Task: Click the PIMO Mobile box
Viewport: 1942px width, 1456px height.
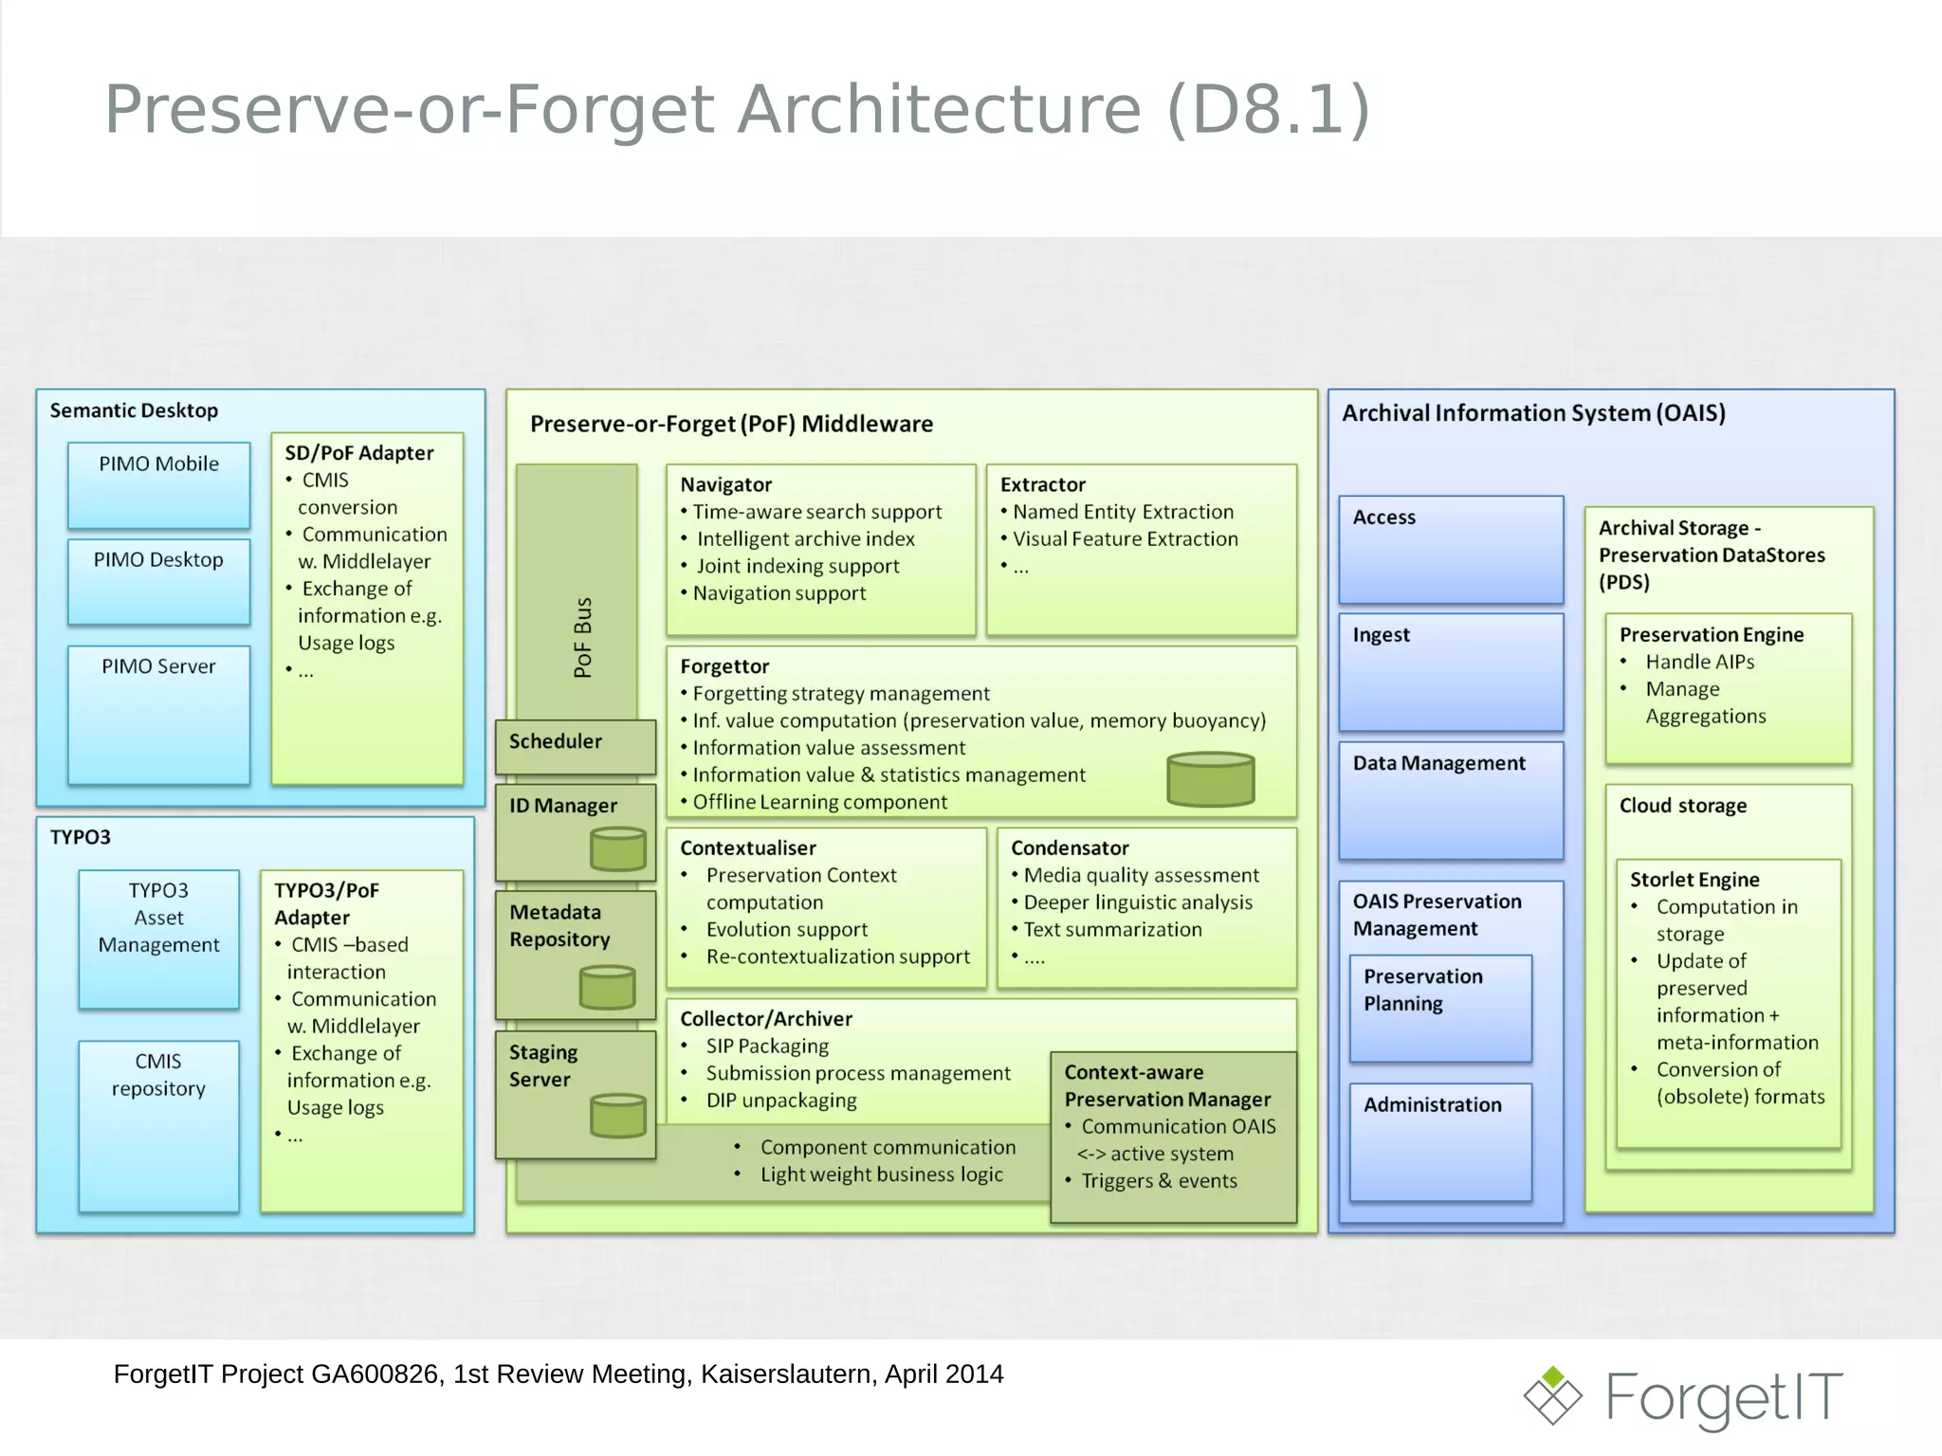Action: (x=158, y=484)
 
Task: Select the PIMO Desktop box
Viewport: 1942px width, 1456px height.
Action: (x=158, y=581)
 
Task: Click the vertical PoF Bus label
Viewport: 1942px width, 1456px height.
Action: (x=583, y=637)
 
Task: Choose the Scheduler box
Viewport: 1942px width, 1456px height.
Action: (x=575, y=745)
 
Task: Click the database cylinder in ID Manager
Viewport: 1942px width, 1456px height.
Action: (x=618, y=848)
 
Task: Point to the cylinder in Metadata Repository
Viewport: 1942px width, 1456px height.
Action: (x=607, y=987)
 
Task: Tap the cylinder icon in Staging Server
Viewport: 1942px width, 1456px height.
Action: (x=618, y=1115)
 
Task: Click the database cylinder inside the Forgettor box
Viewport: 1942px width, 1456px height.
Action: (x=1211, y=779)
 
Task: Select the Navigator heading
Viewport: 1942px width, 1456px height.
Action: (x=726, y=484)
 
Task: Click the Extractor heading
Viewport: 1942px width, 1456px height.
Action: (x=1042, y=484)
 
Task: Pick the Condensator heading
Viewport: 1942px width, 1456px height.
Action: (x=1070, y=847)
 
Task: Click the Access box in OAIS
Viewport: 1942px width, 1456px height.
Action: (x=1450, y=549)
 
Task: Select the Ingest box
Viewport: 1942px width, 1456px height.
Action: (x=1450, y=671)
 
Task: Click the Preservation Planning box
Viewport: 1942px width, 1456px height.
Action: (x=1439, y=1007)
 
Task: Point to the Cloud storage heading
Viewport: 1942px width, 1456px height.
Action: (x=1682, y=805)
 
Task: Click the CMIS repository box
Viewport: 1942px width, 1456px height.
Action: (x=158, y=1124)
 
